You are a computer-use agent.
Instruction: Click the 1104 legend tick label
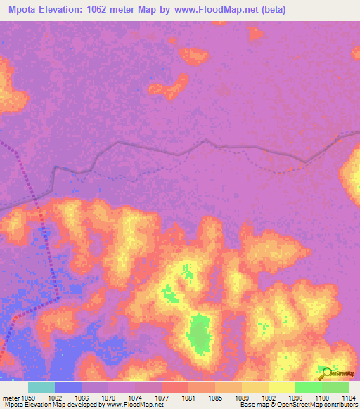349,398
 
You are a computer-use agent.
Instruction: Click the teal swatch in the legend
41,387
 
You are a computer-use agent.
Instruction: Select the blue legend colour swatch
68,387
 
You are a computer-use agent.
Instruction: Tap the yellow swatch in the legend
282,387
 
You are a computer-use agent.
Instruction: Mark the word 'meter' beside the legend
11,398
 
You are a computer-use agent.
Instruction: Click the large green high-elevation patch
200,332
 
